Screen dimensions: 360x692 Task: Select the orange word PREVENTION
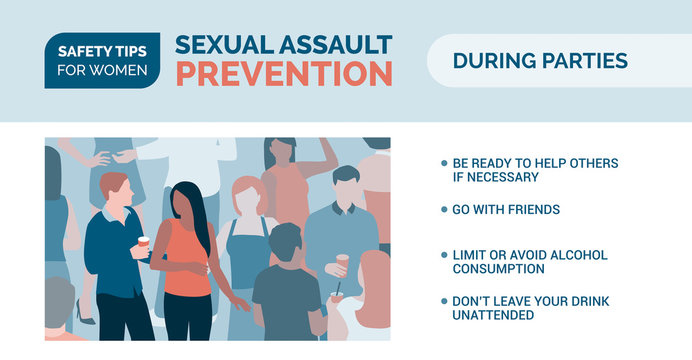coord(284,73)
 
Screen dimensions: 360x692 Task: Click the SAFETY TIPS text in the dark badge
coord(102,50)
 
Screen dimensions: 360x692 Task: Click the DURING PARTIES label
coord(540,60)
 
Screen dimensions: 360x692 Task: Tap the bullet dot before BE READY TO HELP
coord(444,163)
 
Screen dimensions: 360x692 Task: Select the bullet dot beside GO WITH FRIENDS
coord(444,210)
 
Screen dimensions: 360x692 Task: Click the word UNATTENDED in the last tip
coord(493,315)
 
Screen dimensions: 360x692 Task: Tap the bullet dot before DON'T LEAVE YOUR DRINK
coord(444,301)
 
